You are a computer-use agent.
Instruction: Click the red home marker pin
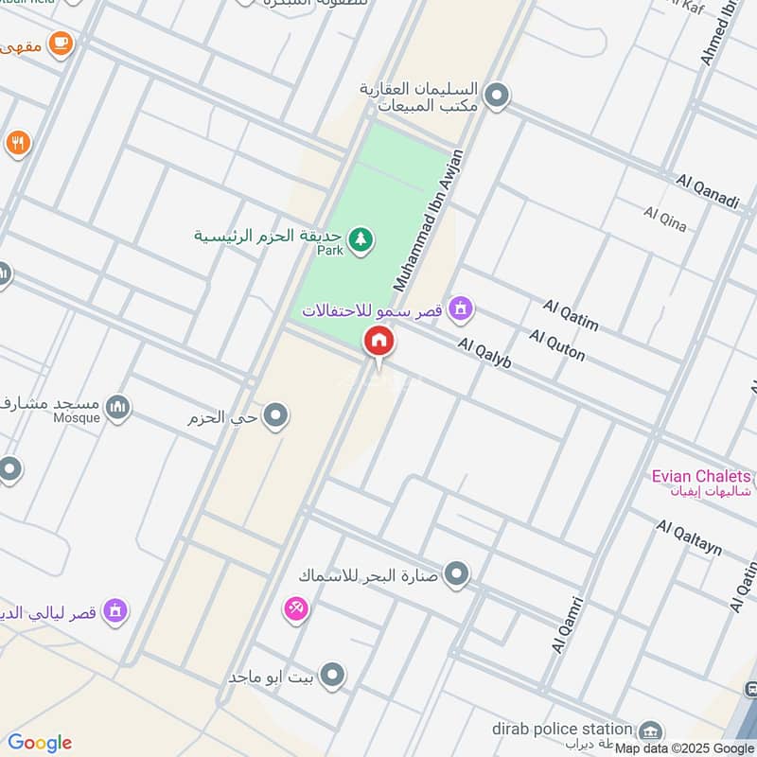[x=378, y=342]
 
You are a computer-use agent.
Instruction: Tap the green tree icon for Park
[x=359, y=240]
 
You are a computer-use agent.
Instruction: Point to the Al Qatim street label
[x=572, y=315]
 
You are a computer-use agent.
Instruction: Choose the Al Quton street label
[x=557, y=344]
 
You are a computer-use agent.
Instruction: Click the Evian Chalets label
[x=701, y=476]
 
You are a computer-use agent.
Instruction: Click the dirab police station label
[x=561, y=729]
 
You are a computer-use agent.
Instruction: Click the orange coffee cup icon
[x=61, y=43]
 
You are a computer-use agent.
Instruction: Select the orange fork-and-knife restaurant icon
[x=17, y=144]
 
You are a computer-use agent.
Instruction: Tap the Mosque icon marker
[x=117, y=408]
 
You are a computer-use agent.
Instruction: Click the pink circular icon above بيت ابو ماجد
[x=295, y=608]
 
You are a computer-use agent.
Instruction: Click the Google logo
[x=40, y=743]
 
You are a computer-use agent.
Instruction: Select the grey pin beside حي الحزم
[x=275, y=415]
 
